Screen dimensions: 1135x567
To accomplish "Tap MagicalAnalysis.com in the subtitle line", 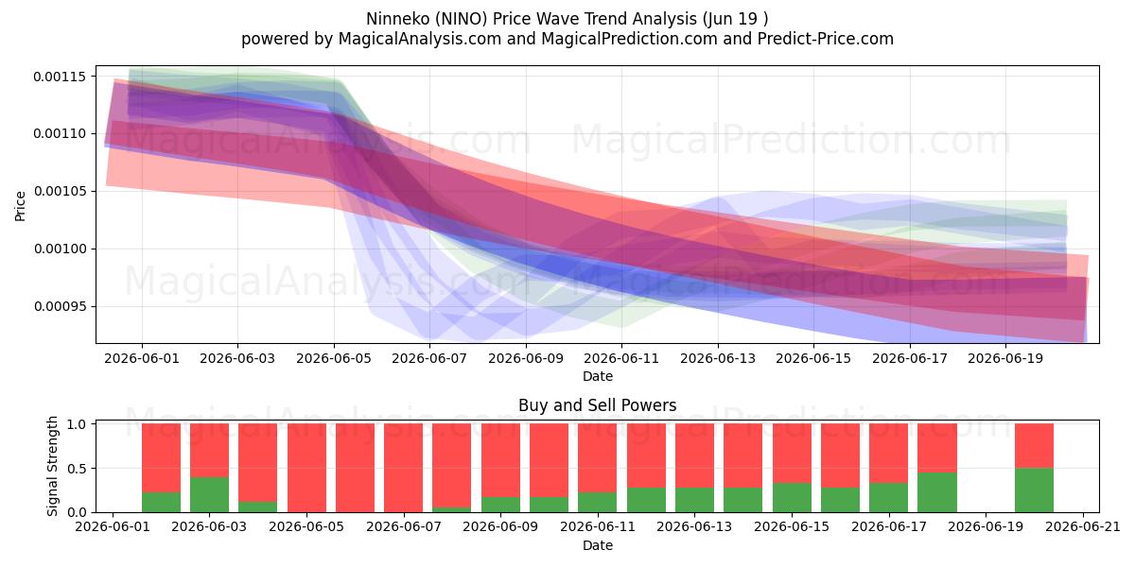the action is [x=420, y=39].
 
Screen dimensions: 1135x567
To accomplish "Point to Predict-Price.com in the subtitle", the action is [x=826, y=39].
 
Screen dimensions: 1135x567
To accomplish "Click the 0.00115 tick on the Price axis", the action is [x=60, y=77].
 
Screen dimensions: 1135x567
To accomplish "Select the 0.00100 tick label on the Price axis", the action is [x=60, y=249].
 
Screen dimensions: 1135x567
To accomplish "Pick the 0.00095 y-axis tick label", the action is [x=60, y=307].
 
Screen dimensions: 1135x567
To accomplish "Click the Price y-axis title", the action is [x=20, y=206].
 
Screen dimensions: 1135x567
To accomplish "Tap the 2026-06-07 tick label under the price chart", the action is [x=429, y=358].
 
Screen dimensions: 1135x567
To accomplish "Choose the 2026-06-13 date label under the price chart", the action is [x=718, y=358].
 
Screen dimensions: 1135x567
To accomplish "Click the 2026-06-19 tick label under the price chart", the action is [x=1005, y=358].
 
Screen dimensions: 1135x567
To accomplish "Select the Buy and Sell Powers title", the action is [x=598, y=405].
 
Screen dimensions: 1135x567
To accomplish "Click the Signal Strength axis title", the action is [x=52, y=466].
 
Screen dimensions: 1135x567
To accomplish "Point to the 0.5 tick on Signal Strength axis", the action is [x=77, y=469].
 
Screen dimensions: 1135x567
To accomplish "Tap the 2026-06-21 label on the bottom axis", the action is [x=1083, y=527].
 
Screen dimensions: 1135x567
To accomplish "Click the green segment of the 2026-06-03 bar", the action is [x=209, y=494].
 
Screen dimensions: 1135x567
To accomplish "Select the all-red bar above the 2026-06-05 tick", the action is [x=306, y=468].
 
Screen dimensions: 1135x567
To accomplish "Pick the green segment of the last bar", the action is [x=1034, y=490].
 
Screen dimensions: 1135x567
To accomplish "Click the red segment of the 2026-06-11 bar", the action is [x=598, y=457].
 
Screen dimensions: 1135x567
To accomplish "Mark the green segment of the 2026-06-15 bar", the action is [x=792, y=498].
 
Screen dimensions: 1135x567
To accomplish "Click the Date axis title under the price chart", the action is [x=598, y=376].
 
